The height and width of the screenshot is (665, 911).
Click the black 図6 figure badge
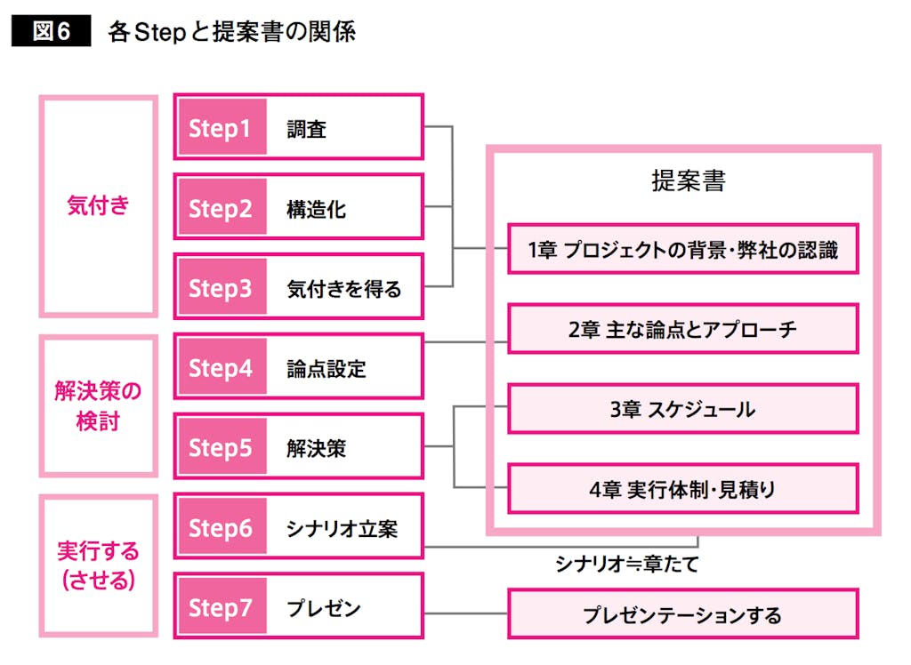point(51,33)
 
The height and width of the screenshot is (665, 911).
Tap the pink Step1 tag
point(221,128)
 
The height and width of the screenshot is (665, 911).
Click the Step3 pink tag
point(221,288)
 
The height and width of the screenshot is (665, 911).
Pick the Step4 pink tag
point(221,367)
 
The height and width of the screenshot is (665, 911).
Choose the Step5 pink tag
point(221,447)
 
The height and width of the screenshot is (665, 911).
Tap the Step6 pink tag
point(221,527)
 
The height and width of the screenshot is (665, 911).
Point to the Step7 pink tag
point(221,607)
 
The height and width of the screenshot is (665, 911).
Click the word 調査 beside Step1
point(307,129)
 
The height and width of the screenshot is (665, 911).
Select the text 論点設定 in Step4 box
point(327,368)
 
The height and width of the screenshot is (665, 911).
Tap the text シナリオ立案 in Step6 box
point(342,528)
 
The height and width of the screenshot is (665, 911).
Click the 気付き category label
point(99,205)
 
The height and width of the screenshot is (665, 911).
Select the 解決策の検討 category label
point(99,405)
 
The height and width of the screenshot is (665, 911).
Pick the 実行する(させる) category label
point(99,565)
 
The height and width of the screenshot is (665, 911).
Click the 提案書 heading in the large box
point(688,181)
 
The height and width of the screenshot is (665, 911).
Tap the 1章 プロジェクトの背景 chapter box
point(682,249)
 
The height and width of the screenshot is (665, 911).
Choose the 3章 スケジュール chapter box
point(682,409)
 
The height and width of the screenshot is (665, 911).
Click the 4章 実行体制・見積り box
point(682,488)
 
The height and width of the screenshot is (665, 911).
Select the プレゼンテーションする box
point(682,613)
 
